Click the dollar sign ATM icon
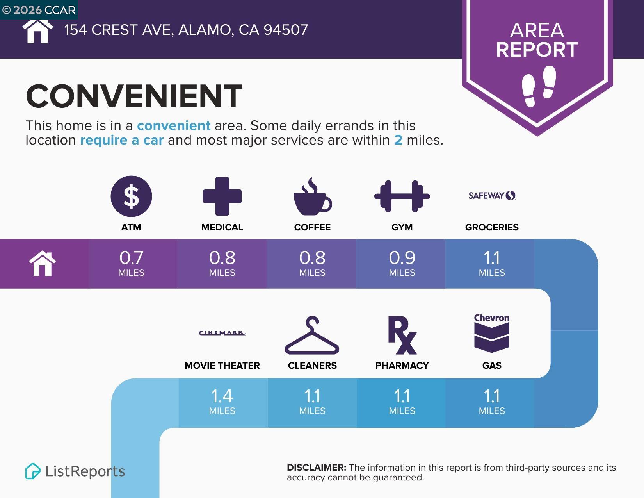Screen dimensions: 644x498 click(x=131, y=196)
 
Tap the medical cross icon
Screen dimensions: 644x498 click(x=222, y=196)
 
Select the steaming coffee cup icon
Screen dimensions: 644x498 click(x=312, y=196)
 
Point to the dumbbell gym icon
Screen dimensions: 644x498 click(x=402, y=196)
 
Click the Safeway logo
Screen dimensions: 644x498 click(x=492, y=195)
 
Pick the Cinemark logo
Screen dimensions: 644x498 click(x=222, y=333)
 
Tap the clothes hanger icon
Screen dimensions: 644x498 click(x=312, y=335)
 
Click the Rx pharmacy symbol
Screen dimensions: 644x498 click(x=402, y=335)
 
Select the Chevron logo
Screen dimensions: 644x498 click(x=492, y=333)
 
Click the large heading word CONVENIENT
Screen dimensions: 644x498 click(x=134, y=96)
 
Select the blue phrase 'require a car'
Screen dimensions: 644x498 click(x=122, y=140)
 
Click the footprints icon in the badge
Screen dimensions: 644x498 click(x=539, y=86)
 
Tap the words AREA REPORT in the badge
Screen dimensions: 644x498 click(x=537, y=40)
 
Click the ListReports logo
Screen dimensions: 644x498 click(x=75, y=471)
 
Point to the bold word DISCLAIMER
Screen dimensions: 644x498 click(x=317, y=468)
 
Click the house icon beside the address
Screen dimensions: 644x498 click(x=37, y=31)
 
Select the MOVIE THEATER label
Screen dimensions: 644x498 click(x=222, y=366)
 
